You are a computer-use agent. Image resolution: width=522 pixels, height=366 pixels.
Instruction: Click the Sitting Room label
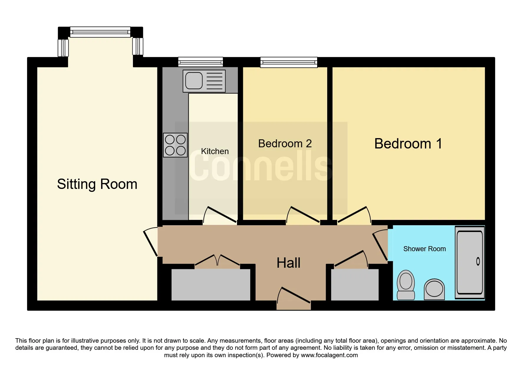point(97,184)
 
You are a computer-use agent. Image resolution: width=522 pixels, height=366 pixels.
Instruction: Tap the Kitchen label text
point(215,151)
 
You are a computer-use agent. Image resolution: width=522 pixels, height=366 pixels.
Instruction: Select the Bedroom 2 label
point(285,143)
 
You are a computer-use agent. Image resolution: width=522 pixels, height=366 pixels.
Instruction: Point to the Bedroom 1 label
point(408,144)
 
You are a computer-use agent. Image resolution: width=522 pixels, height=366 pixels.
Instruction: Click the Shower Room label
point(424,249)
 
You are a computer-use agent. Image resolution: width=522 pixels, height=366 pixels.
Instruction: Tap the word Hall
point(289,263)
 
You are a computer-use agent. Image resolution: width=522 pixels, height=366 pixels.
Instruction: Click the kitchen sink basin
point(194,81)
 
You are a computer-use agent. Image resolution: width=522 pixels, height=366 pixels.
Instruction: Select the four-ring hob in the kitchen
point(175,145)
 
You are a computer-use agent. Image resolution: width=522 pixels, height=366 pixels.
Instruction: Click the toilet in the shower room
point(406,285)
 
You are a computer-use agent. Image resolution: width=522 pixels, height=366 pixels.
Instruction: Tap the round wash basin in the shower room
point(434,289)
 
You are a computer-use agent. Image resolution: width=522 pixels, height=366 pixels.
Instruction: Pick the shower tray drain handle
point(478,261)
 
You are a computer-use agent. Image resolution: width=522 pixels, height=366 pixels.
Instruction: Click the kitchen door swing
point(220,215)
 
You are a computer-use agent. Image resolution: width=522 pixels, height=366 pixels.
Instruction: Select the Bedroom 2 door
point(303,215)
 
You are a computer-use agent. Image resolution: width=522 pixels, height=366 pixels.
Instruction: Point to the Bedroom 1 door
point(354,215)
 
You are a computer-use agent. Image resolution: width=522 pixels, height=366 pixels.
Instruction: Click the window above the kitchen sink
point(201,62)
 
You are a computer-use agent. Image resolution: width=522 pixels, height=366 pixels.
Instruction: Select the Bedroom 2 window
point(289,62)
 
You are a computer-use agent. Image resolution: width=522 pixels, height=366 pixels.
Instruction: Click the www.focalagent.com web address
point(329,355)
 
